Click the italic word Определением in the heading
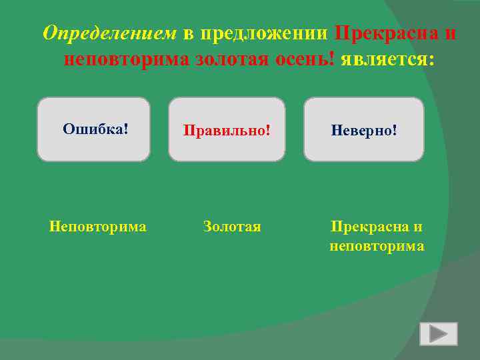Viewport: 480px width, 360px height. (109, 33)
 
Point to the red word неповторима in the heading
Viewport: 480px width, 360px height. (127, 59)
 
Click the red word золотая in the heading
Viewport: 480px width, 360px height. (231, 59)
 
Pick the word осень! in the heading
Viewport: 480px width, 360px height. (303, 59)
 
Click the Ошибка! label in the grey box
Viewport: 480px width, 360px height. (95, 129)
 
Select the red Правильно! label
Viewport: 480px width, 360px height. (227, 130)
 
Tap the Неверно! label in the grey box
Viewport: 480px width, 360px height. (364, 130)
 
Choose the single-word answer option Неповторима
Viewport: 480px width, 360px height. (97, 227)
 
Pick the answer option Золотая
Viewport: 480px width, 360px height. (232, 227)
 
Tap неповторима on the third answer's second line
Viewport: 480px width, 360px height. (377, 247)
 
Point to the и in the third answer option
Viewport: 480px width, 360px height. (418, 227)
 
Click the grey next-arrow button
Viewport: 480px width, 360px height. (438, 334)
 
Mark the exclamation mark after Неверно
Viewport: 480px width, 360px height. (395, 130)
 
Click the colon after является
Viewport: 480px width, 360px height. (431, 61)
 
